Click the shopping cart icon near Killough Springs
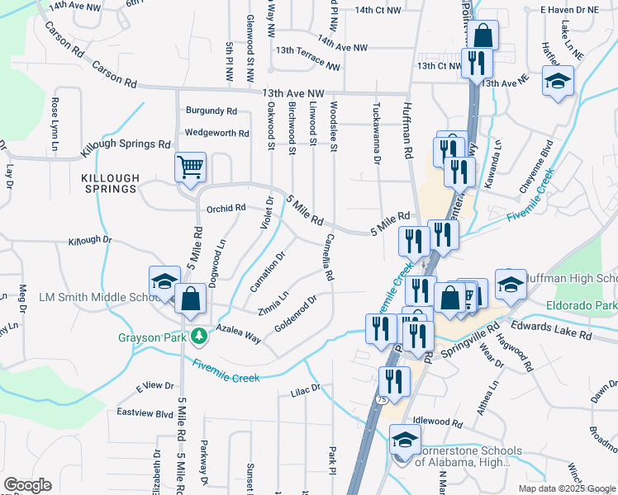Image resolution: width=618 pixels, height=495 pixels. click(x=191, y=167)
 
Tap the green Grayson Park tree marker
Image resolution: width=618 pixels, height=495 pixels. click(x=198, y=337)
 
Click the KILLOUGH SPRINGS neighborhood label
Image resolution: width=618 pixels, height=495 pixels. click(x=108, y=183)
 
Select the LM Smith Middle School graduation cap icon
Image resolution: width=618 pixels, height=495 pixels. click(x=164, y=280)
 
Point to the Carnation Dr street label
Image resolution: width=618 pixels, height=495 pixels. click(x=268, y=271)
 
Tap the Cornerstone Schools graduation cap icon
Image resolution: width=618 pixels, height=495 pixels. click(x=404, y=439)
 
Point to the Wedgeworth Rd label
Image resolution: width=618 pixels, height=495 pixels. click(x=217, y=133)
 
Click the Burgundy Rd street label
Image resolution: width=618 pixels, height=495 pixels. click(x=212, y=111)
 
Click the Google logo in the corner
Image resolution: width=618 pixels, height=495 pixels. click(x=27, y=485)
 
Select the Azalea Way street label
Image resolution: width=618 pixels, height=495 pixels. click(x=239, y=333)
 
